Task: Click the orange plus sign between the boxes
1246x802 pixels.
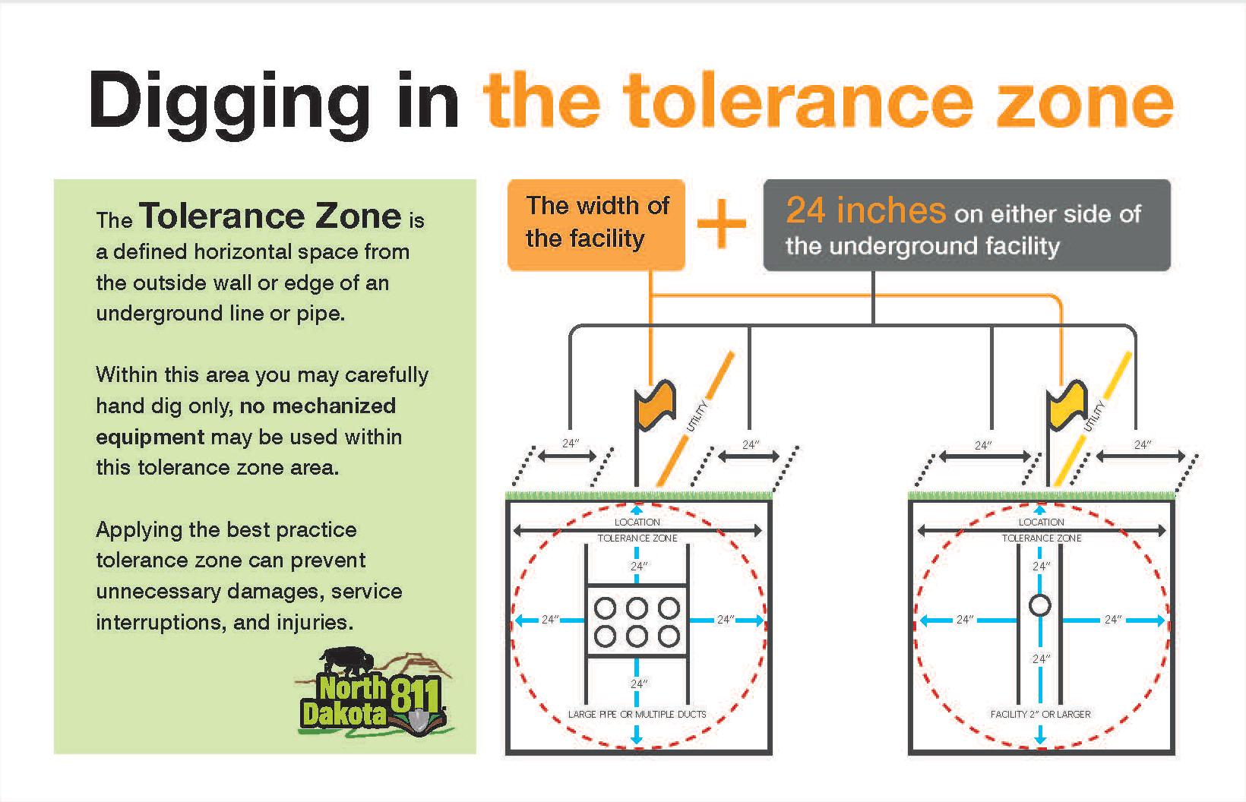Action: (x=722, y=223)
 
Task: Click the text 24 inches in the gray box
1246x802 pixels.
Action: (x=865, y=210)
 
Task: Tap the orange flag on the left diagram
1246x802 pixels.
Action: (x=655, y=404)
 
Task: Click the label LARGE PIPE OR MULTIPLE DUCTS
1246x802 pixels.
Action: (x=637, y=714)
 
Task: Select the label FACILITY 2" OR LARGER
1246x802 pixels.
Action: (x=1040, y=714)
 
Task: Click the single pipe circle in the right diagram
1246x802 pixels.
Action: (x=1040, y=605)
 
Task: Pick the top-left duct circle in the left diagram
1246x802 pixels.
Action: (x=605, y=608)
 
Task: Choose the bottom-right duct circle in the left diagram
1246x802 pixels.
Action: (x=669, y=636)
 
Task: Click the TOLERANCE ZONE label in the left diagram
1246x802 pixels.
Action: (x=637, y=538)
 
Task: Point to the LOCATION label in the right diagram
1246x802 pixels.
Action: (x=1041, y=522)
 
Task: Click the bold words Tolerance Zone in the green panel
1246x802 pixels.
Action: (x=270, y=216)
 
